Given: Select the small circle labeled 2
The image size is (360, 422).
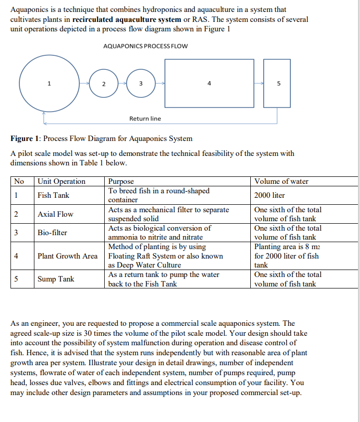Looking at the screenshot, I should pyautogui.click(x=103, y=84).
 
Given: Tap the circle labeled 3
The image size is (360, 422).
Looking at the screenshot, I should pyautogui.click(x=141, y=84).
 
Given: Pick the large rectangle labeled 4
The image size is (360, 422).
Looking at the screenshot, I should pyautogui.click(x=209, y=84).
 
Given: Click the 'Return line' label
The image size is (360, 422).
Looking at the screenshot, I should pyautogui.click(x=145, y=119).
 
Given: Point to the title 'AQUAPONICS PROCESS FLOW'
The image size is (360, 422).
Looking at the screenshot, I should pyautogui.click(x=145, y=46).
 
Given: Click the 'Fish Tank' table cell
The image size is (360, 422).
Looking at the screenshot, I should pyautogui.click(x=53, y=195).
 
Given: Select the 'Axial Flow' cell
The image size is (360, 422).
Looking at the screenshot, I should pyautogui.click(x=55, y=214).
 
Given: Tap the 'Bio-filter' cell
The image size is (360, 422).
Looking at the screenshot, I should pyautogui.click(x=52, y=233).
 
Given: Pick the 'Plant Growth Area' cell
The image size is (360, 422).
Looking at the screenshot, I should pyautogui.click(x=68, y=256).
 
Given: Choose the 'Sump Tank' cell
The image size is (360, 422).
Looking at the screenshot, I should pyautogui.click(x=56, y=279).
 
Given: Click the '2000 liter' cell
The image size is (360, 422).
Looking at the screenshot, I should pyautogui.click(x=269, y=195).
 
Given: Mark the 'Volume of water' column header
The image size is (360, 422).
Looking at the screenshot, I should pyautogui.click(x=281, y=181).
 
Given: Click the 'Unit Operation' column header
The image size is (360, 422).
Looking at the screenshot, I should pyautogui.click(x=62, y=181).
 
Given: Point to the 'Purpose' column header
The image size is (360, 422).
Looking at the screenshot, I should pyautogui.click(x=121, y=181).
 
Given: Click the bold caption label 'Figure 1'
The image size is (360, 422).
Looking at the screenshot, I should pyautogui.click(x=25, y=139).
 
